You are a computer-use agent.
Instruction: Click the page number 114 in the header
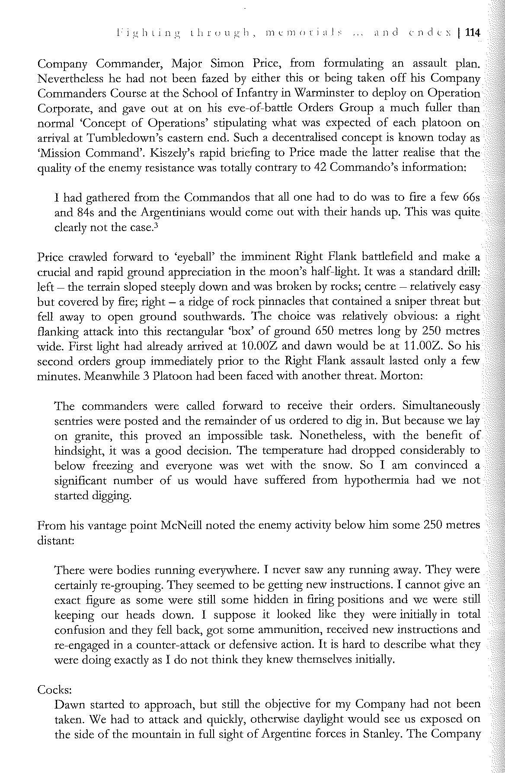(472, 32)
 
